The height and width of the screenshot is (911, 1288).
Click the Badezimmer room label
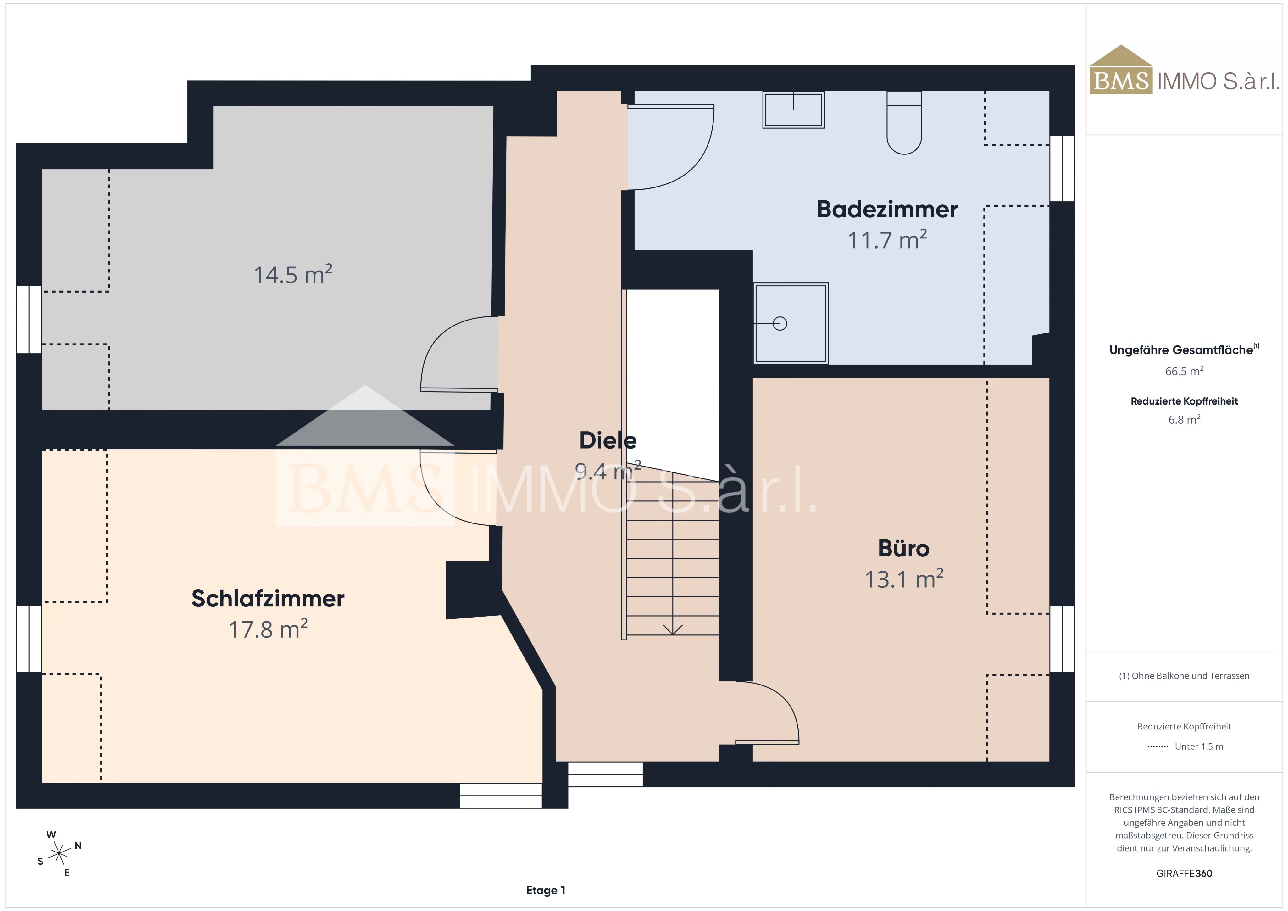click(x=887, y=210)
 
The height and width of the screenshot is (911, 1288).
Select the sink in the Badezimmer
click(x=793, y=109)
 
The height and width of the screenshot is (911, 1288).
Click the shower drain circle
click(x=780, y=323)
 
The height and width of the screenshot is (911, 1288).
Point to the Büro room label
click(x=903, y=548)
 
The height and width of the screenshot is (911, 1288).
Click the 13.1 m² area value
click(x=904, y=579)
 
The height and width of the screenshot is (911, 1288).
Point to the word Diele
click(x=608, y=441)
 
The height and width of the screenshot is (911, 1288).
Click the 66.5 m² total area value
click(x=1184, y=371)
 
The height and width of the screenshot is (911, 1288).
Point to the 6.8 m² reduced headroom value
click(x=1184, y=419)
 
